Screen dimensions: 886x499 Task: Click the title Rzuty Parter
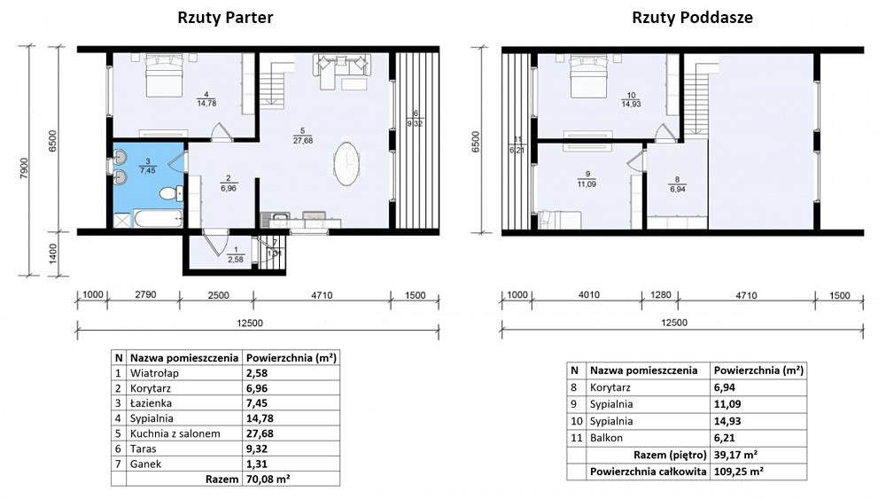point(225,18)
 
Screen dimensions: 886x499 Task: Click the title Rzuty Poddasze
point(692,18)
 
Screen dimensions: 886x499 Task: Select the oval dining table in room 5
point(346,163)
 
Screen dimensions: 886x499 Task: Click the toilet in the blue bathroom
point(171,194)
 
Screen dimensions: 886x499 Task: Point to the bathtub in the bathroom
point(159,219)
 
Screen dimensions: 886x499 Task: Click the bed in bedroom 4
point(165,75)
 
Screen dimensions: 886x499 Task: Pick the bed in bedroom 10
point(589,75)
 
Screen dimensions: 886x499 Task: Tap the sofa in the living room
point(342,66)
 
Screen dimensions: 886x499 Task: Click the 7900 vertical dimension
point(24,168)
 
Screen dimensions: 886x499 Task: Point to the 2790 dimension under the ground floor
point(145,294)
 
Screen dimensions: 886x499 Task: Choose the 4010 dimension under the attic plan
point(588,294)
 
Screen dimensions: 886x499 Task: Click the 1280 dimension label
point(661,294)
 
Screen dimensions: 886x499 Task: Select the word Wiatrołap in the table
point(154,373)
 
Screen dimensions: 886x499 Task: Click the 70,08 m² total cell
point(268,480)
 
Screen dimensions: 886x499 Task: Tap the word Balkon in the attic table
point(606,438)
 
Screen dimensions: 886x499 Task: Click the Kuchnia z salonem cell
point(175,433)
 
